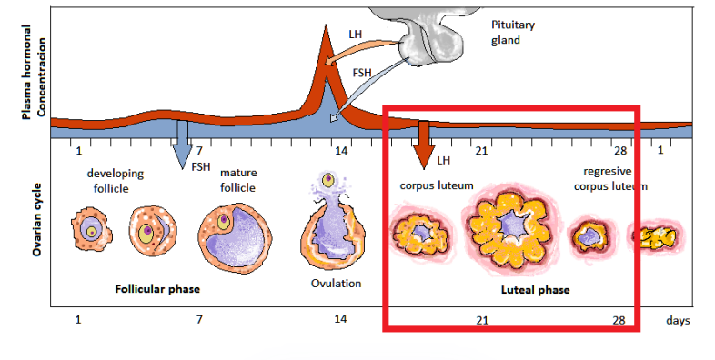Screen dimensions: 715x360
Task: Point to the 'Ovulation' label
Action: click(x=336, y=283)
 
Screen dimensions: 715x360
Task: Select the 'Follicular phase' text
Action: click(x=157, y=289)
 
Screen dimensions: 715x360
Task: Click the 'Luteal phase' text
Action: click(x=536, y=290)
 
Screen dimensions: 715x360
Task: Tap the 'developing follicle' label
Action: click(x=114, y=180)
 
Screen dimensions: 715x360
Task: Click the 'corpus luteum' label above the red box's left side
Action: click(x=438, y=185)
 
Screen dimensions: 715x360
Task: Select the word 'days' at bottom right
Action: click(x=677, y=321)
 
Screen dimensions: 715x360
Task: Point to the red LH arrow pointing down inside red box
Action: click(x=422, y=145)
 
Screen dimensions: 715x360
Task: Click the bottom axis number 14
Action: click(x=339, y=319)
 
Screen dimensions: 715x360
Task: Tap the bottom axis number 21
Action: click(x=482, y=320)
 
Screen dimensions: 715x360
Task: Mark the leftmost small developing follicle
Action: click(x=89, y=230)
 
